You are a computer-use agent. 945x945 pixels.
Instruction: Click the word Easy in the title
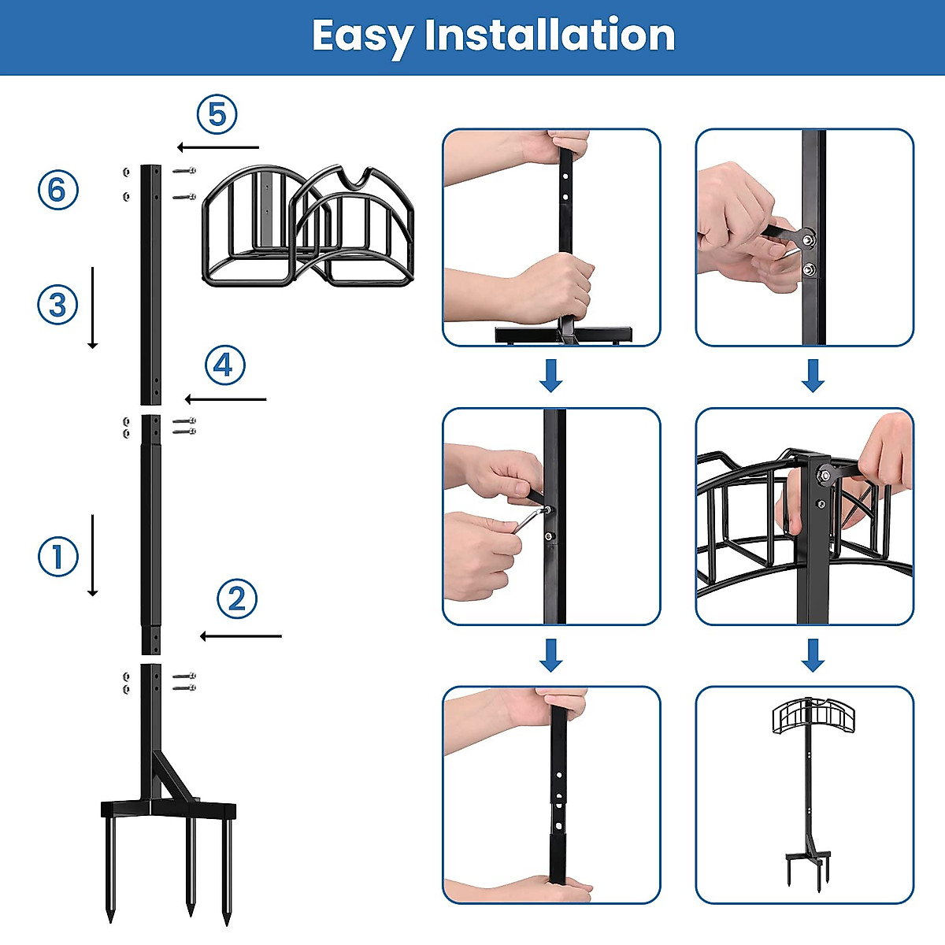pyautogui.click(x=361, y=36)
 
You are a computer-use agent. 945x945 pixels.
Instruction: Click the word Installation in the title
pyautogui.click(x=549, y=35)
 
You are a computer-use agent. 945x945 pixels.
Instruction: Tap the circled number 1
pyautogui.click(x=58, y=557)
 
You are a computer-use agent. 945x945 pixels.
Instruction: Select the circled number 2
pyautogui.click(x=237, y=599)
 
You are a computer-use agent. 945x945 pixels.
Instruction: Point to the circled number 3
pyautogui.click(x=58, y=305)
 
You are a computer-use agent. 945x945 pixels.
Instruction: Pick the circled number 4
pyautogui.click(x=224, y=365)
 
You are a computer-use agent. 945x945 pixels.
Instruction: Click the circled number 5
pyautogui.click(x=217, y=115)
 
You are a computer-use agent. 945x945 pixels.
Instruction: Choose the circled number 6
pyautogui.click(x=58, y=191)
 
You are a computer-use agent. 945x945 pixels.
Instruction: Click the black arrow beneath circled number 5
pyautogui.click(x=218, y=147)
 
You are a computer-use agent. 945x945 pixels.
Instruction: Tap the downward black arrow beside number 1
pyautogui.click(x=93, y=555)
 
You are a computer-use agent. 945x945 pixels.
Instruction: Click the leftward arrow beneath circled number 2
pyautogui.click(x=241, y=636)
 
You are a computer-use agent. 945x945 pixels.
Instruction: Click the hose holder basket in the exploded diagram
pyautogui.click(x=307, y=227)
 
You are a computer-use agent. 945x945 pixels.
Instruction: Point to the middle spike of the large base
pyautogui.click(x=190, y=866)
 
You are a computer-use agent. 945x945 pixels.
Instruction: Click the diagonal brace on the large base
pyautogui.click(x=175, y=776)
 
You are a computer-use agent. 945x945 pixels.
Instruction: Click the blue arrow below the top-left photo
pyautogui.click(x=551, y=376)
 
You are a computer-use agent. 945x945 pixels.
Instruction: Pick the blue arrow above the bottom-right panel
pyautogui.click(x=813, y=654)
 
